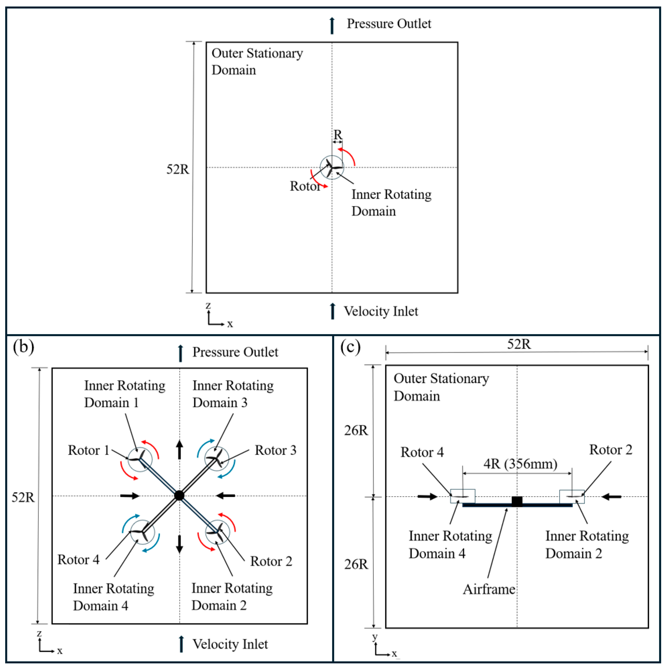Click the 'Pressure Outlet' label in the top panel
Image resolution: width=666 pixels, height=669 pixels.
pyautogui.click(x=389, y=24)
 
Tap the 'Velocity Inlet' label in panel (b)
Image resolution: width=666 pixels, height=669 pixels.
pyautogui.click(x=230, y=644)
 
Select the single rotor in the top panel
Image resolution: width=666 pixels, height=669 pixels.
pyautogui.click(x=332, y=168)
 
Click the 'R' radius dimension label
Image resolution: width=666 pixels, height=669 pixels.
pyautogui.click(x=337, y=134)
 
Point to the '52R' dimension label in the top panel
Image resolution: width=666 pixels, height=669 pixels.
pyautogui.click(x=178, y=169)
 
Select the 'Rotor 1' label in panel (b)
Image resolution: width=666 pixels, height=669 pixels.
pyautogui.click(x=89, y=450)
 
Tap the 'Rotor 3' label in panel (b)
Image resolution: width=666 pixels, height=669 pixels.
pyautogui.click(x=275, y=450)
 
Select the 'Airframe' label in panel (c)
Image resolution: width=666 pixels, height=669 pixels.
pyautogui.click(x=489, y=589)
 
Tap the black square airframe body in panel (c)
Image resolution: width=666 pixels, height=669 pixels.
pyautogui.click(x=517, y=501)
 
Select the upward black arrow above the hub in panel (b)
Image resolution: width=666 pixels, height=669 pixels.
pyautogui.click(x=179, y=450)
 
